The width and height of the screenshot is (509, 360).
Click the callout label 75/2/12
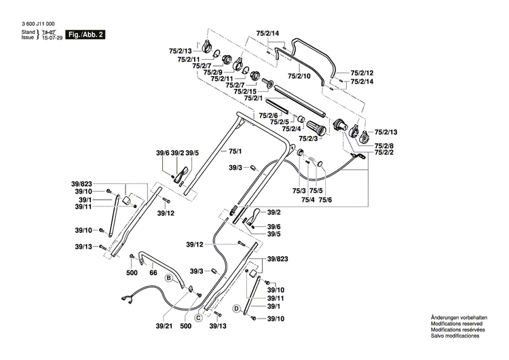pos(362,73)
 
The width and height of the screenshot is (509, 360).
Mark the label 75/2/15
pos(244,91)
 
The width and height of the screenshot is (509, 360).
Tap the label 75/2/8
pos(384,145)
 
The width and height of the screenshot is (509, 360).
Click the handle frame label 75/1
pos(235,150)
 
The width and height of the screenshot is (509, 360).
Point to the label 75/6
pos(326,200)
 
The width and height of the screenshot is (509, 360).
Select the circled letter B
pos(168,278)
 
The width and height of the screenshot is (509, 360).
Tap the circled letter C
pos(199,317)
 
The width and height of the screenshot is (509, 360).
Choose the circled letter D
pos(237,308)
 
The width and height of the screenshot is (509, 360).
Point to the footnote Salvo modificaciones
pos(455,336)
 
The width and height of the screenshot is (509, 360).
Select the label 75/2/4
pos(292,129)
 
